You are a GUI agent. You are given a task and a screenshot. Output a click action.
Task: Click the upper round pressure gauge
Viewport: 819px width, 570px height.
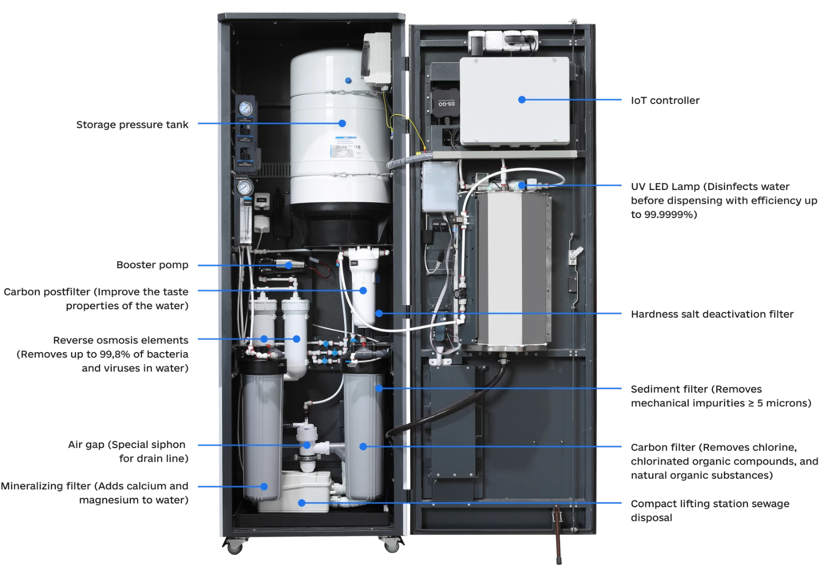244,108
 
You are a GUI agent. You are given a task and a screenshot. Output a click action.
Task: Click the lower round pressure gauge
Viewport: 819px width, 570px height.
244,187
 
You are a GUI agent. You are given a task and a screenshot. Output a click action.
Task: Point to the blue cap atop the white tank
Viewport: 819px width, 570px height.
348,80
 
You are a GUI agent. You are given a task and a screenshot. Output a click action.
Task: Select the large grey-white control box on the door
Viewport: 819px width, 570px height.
515,100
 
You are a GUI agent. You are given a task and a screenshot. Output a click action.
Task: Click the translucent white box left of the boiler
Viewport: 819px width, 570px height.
439,186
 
